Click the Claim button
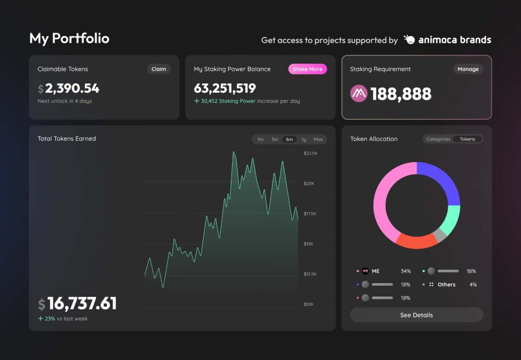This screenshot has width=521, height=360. pos(159,69)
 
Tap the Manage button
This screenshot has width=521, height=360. pos(468,69)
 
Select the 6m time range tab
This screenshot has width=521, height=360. pos(289,140)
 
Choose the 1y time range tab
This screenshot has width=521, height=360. pos(304,140)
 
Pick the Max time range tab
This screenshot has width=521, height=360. pos(318,140)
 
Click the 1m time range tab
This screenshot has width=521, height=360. pos(260,140)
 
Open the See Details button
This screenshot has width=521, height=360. pos(416,315)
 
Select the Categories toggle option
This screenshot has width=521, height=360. pos(438,139)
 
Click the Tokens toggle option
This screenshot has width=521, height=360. pos(467,139)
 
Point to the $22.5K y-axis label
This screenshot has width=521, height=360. pos(310,153)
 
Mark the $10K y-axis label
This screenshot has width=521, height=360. pos(308,304)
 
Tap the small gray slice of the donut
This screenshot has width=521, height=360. pos(440,235)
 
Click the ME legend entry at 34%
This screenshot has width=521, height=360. pos(375,271)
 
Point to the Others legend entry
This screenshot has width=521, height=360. pos(446,285)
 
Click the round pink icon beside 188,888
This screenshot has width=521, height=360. pos(359,94)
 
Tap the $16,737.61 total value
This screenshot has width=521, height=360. pos(81,304)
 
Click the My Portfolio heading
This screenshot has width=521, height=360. pos(69,39)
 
